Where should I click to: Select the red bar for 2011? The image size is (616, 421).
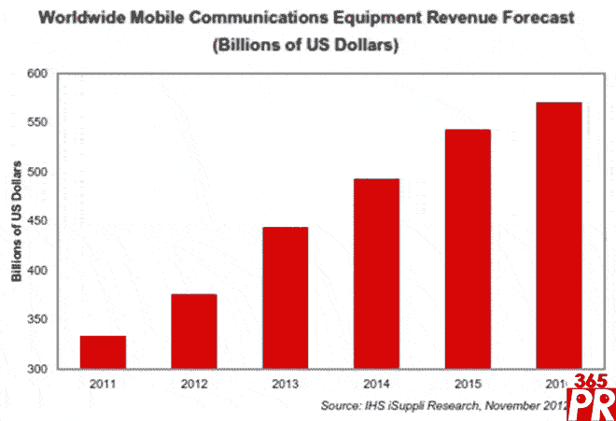[x=103, y=351]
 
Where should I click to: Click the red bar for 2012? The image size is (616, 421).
[x=194, y=331]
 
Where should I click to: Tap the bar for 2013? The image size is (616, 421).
[x=285, y=298]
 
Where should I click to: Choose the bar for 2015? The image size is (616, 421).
[x=468, y=249]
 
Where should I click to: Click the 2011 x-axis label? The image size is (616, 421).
[x=103, y=384]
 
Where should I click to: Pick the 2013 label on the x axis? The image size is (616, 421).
[x=285, y=384]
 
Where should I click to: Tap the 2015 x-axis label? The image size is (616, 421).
[x=468, y=384]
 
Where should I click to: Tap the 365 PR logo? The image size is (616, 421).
[x=588, y=397]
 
